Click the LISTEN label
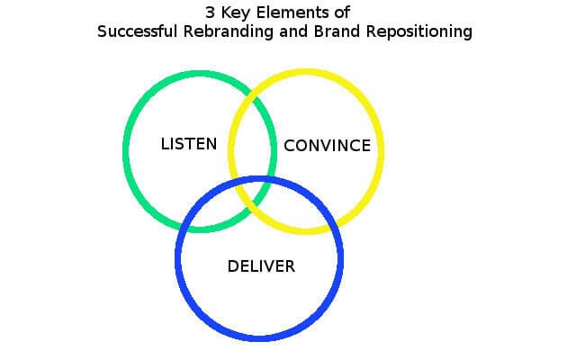click(189, 144)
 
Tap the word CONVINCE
click(328, 146)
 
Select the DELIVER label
click(261, 266)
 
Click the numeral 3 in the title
click(210, 13)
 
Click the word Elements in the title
click(292, 13)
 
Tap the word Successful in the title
click(138, 31)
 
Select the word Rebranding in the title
click(228, 32)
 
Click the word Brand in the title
click(337, 31)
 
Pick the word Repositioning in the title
click(419, 32)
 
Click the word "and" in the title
click(293, 31)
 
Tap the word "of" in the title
click(342, 13)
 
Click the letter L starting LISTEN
click(165, 144)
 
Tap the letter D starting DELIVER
click(233, 266)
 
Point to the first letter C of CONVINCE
click(289, 146)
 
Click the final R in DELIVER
click(290, 266)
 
